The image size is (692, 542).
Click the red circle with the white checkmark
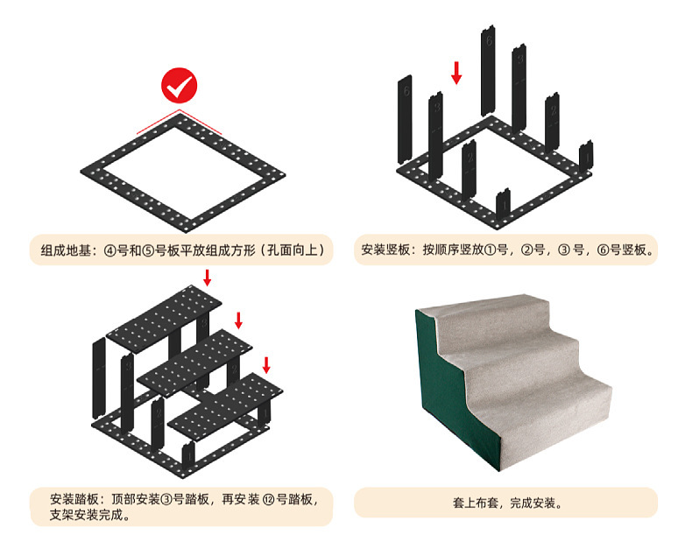(179, 87)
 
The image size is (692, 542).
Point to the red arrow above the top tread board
(207, 278)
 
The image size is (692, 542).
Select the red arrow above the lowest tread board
(267, 363)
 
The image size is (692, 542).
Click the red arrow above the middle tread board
(238, 320)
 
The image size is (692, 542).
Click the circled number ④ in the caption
(109, 250)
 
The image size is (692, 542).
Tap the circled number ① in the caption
(489, 250)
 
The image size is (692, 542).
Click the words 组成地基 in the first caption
(64, 250)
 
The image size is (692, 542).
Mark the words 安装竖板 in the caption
(386, 250)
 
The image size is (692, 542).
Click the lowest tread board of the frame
(223, 404)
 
